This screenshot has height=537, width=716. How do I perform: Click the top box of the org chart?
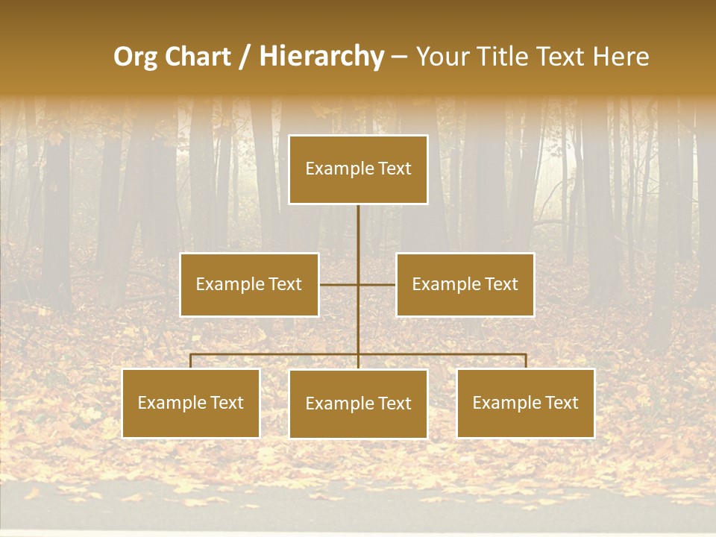[x=358, y=169]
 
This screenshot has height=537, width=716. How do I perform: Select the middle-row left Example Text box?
[x=249, y=284]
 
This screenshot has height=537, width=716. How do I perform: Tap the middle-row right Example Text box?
[x=465, y=284]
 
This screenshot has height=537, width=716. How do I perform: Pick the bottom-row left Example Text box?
[x=191, y=403]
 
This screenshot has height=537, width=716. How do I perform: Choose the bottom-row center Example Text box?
[x=358, y=403]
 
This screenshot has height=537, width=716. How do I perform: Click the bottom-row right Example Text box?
[x=526, y=403]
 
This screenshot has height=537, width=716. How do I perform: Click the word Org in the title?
[x=136, y=57]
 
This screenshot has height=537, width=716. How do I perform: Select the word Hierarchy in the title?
[x=321, y=57]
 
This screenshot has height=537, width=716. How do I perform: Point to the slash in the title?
[x=245, y=57]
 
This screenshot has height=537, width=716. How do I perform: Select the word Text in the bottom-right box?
[x=562, y=403]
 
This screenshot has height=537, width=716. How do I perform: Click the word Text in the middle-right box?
[x=501, y=284]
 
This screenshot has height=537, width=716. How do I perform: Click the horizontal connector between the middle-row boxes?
[x=358, y=284]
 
